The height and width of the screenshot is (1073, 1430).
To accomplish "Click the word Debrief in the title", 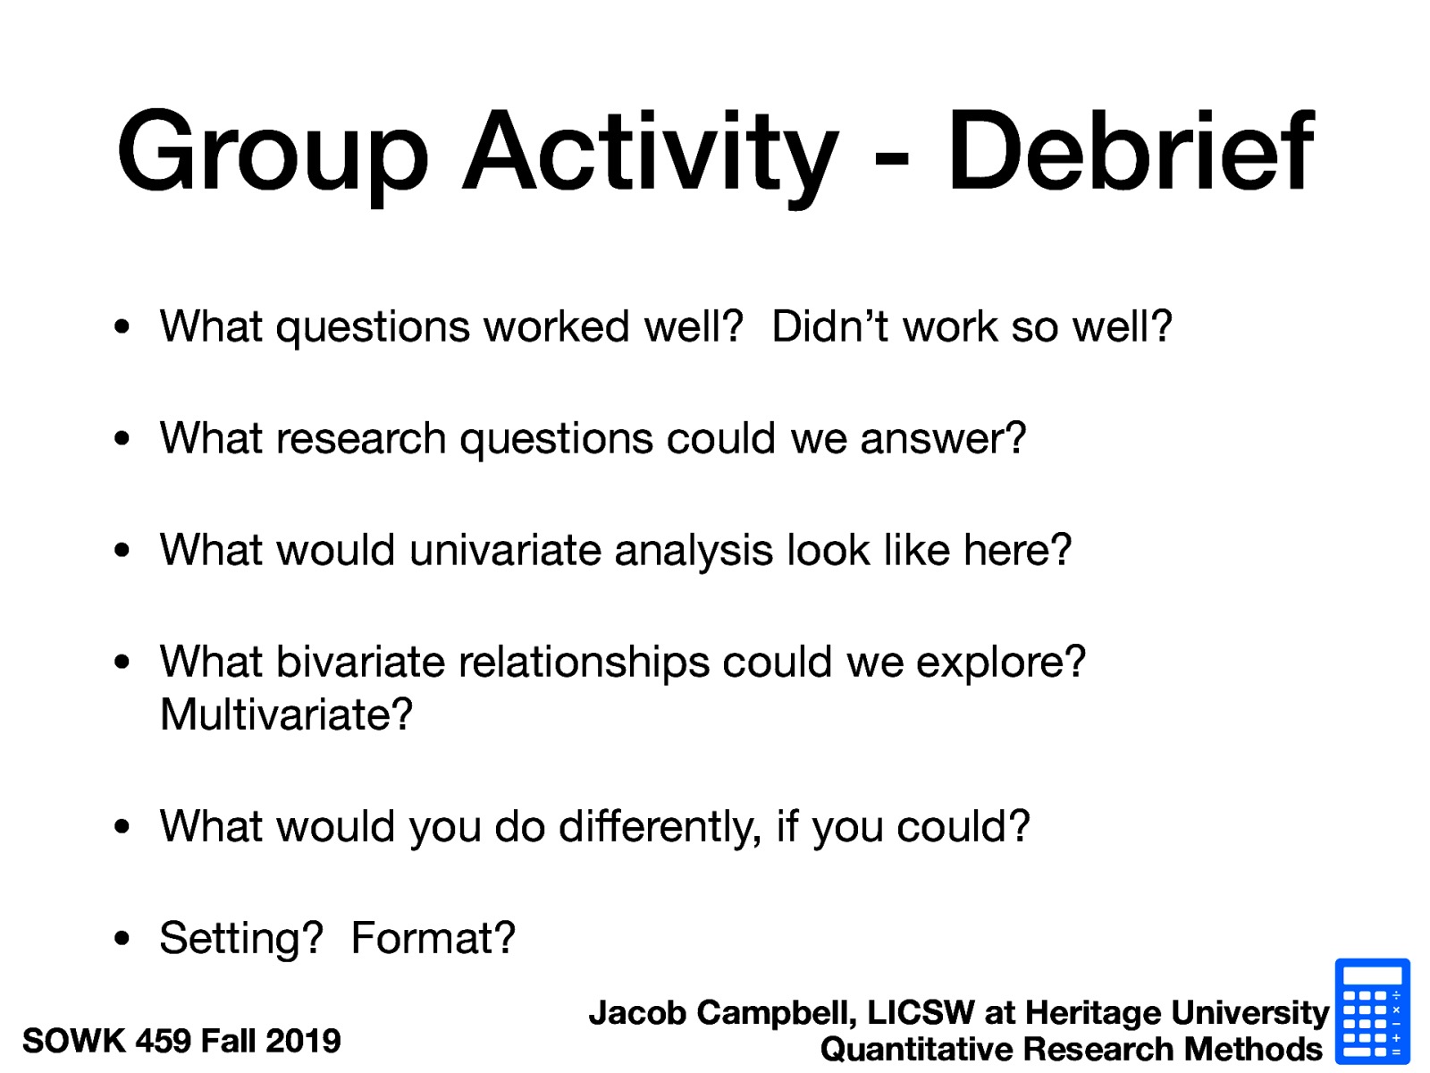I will tap(1131, 152).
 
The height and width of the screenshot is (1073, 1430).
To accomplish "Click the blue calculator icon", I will tap(1372, 1011).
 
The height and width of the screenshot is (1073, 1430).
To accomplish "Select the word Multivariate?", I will tap(286, 714).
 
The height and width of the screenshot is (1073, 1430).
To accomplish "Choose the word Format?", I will tap(433, 939).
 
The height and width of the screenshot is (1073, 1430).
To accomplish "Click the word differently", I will tap(660, 827).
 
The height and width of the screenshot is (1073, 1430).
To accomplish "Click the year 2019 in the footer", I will tap(303, 1041).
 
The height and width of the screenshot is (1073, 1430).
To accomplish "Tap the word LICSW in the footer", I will tap(921, 1013).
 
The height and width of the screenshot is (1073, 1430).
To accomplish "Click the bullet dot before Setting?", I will tap(122, 939).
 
